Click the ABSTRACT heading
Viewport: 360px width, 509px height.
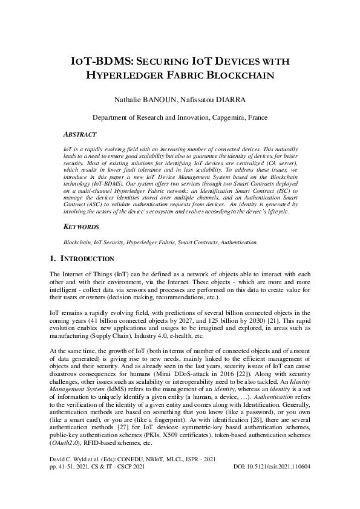point(83,134)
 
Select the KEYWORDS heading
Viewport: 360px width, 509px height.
point(83,227)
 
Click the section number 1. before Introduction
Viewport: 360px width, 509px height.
point(53,259)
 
